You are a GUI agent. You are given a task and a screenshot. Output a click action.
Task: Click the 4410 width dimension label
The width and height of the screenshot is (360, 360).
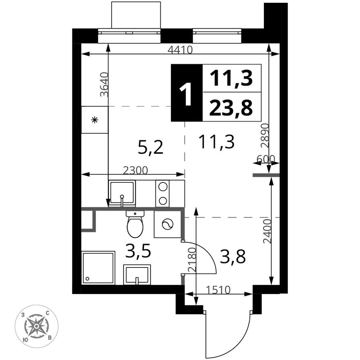point(180,50)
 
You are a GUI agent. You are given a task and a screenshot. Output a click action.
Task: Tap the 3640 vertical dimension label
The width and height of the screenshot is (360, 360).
point(105,84)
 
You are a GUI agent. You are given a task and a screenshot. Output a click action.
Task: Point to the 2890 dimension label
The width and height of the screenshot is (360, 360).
point(265,135)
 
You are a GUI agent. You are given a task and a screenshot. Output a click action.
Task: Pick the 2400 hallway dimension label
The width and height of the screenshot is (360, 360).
point(267,232)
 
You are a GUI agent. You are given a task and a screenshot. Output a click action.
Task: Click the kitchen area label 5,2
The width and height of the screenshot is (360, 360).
point(151,147)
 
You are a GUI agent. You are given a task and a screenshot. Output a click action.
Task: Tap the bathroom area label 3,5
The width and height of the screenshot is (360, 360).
point(138,252)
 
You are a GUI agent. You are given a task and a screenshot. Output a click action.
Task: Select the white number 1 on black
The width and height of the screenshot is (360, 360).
point(187,93)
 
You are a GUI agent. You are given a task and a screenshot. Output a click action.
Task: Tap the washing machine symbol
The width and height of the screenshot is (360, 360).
point(168,224)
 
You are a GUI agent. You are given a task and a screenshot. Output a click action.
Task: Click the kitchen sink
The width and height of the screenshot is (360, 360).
point(122,192)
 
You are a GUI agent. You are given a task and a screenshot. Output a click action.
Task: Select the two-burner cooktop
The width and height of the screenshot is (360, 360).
point(162,193)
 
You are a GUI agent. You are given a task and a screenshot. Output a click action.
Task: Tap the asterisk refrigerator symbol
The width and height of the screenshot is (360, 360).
point(94,120)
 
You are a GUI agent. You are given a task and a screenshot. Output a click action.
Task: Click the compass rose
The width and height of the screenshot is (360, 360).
point(36,326)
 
